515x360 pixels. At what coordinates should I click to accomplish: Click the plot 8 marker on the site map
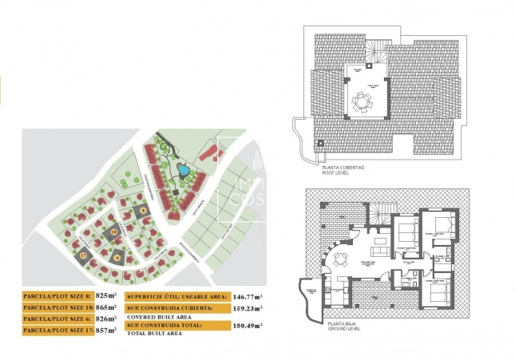[143, 211]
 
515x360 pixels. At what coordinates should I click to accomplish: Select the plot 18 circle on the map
[114, 232]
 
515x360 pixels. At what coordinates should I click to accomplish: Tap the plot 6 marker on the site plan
[117, 257]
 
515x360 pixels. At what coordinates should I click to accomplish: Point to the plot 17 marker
[82, 255]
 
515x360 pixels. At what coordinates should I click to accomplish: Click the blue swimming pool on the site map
[184, 169]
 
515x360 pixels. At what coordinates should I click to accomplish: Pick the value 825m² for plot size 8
[106, 295]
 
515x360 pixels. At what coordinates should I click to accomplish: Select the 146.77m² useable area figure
[248, 295]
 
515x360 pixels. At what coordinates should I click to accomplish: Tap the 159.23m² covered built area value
[248, 307]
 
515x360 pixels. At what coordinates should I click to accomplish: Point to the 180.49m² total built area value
[248, 326]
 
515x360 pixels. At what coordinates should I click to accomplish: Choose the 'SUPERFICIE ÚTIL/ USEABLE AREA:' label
[176, 295]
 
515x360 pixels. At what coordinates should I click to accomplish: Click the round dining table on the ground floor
[341, 258]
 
